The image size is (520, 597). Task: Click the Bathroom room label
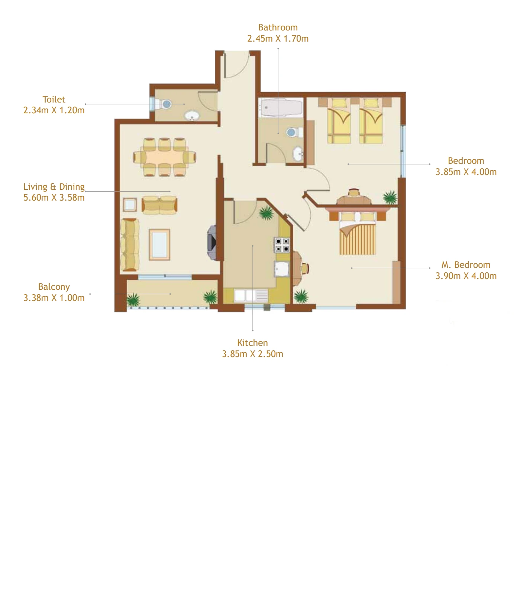[278, 27]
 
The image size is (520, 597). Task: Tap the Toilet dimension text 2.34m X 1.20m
[54, 110]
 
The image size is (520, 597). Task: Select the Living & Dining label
[54, 186]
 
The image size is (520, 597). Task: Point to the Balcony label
[54, 287]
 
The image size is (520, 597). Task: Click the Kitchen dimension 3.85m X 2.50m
[252, 354]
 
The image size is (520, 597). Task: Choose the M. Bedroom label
[466, 265]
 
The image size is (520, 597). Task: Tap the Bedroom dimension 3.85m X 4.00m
[466, 172]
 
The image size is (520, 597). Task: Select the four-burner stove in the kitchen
[282, 245]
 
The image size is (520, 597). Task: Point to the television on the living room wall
[211, 242]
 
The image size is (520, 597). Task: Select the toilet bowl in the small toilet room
[166, 104]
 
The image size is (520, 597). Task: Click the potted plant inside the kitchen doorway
[265, 213]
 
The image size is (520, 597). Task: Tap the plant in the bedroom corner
[390, 197]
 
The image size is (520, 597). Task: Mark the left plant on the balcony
[133, 299]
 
